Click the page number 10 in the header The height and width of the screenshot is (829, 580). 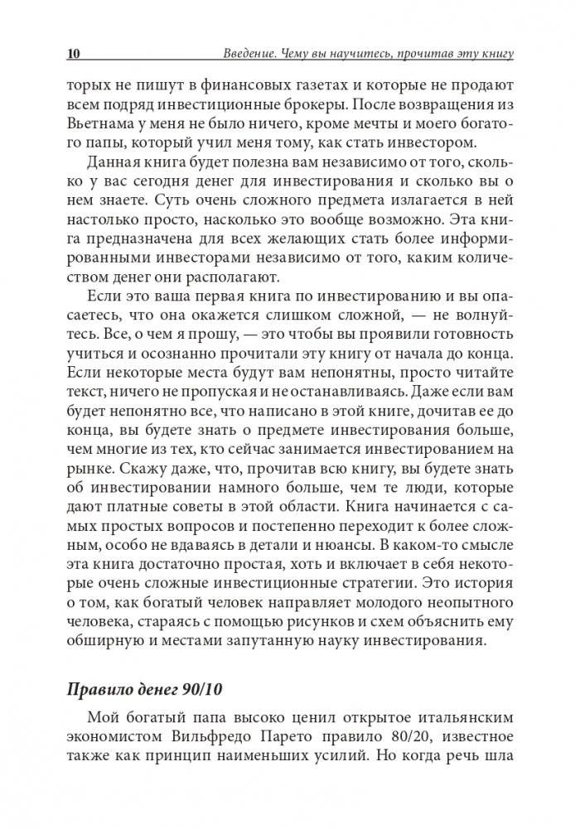tap(72, 55)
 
